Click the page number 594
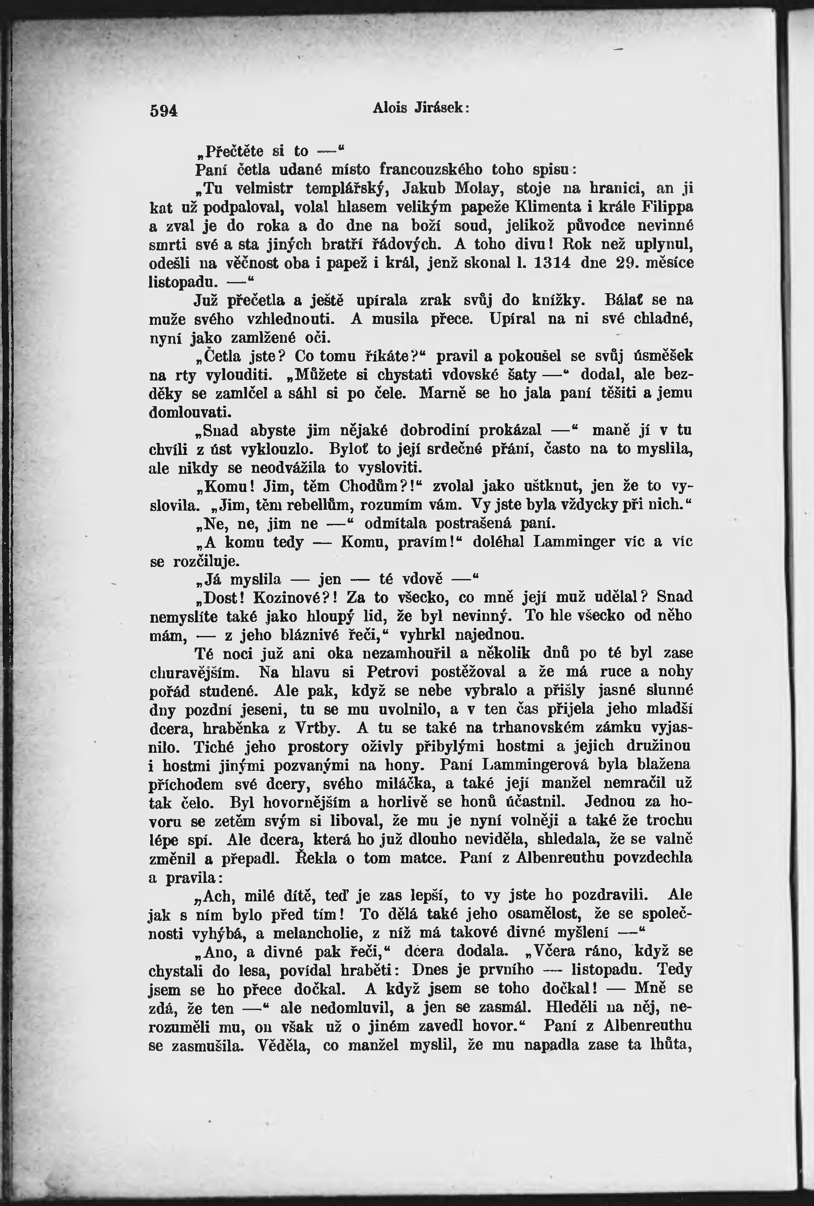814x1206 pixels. [x=163, y=111]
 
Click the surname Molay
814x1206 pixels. [x=477, y=188]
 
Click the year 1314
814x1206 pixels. [x=553, y=263]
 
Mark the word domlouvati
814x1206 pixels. [x=190, y=412]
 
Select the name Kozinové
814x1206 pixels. [x=291, y=597]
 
